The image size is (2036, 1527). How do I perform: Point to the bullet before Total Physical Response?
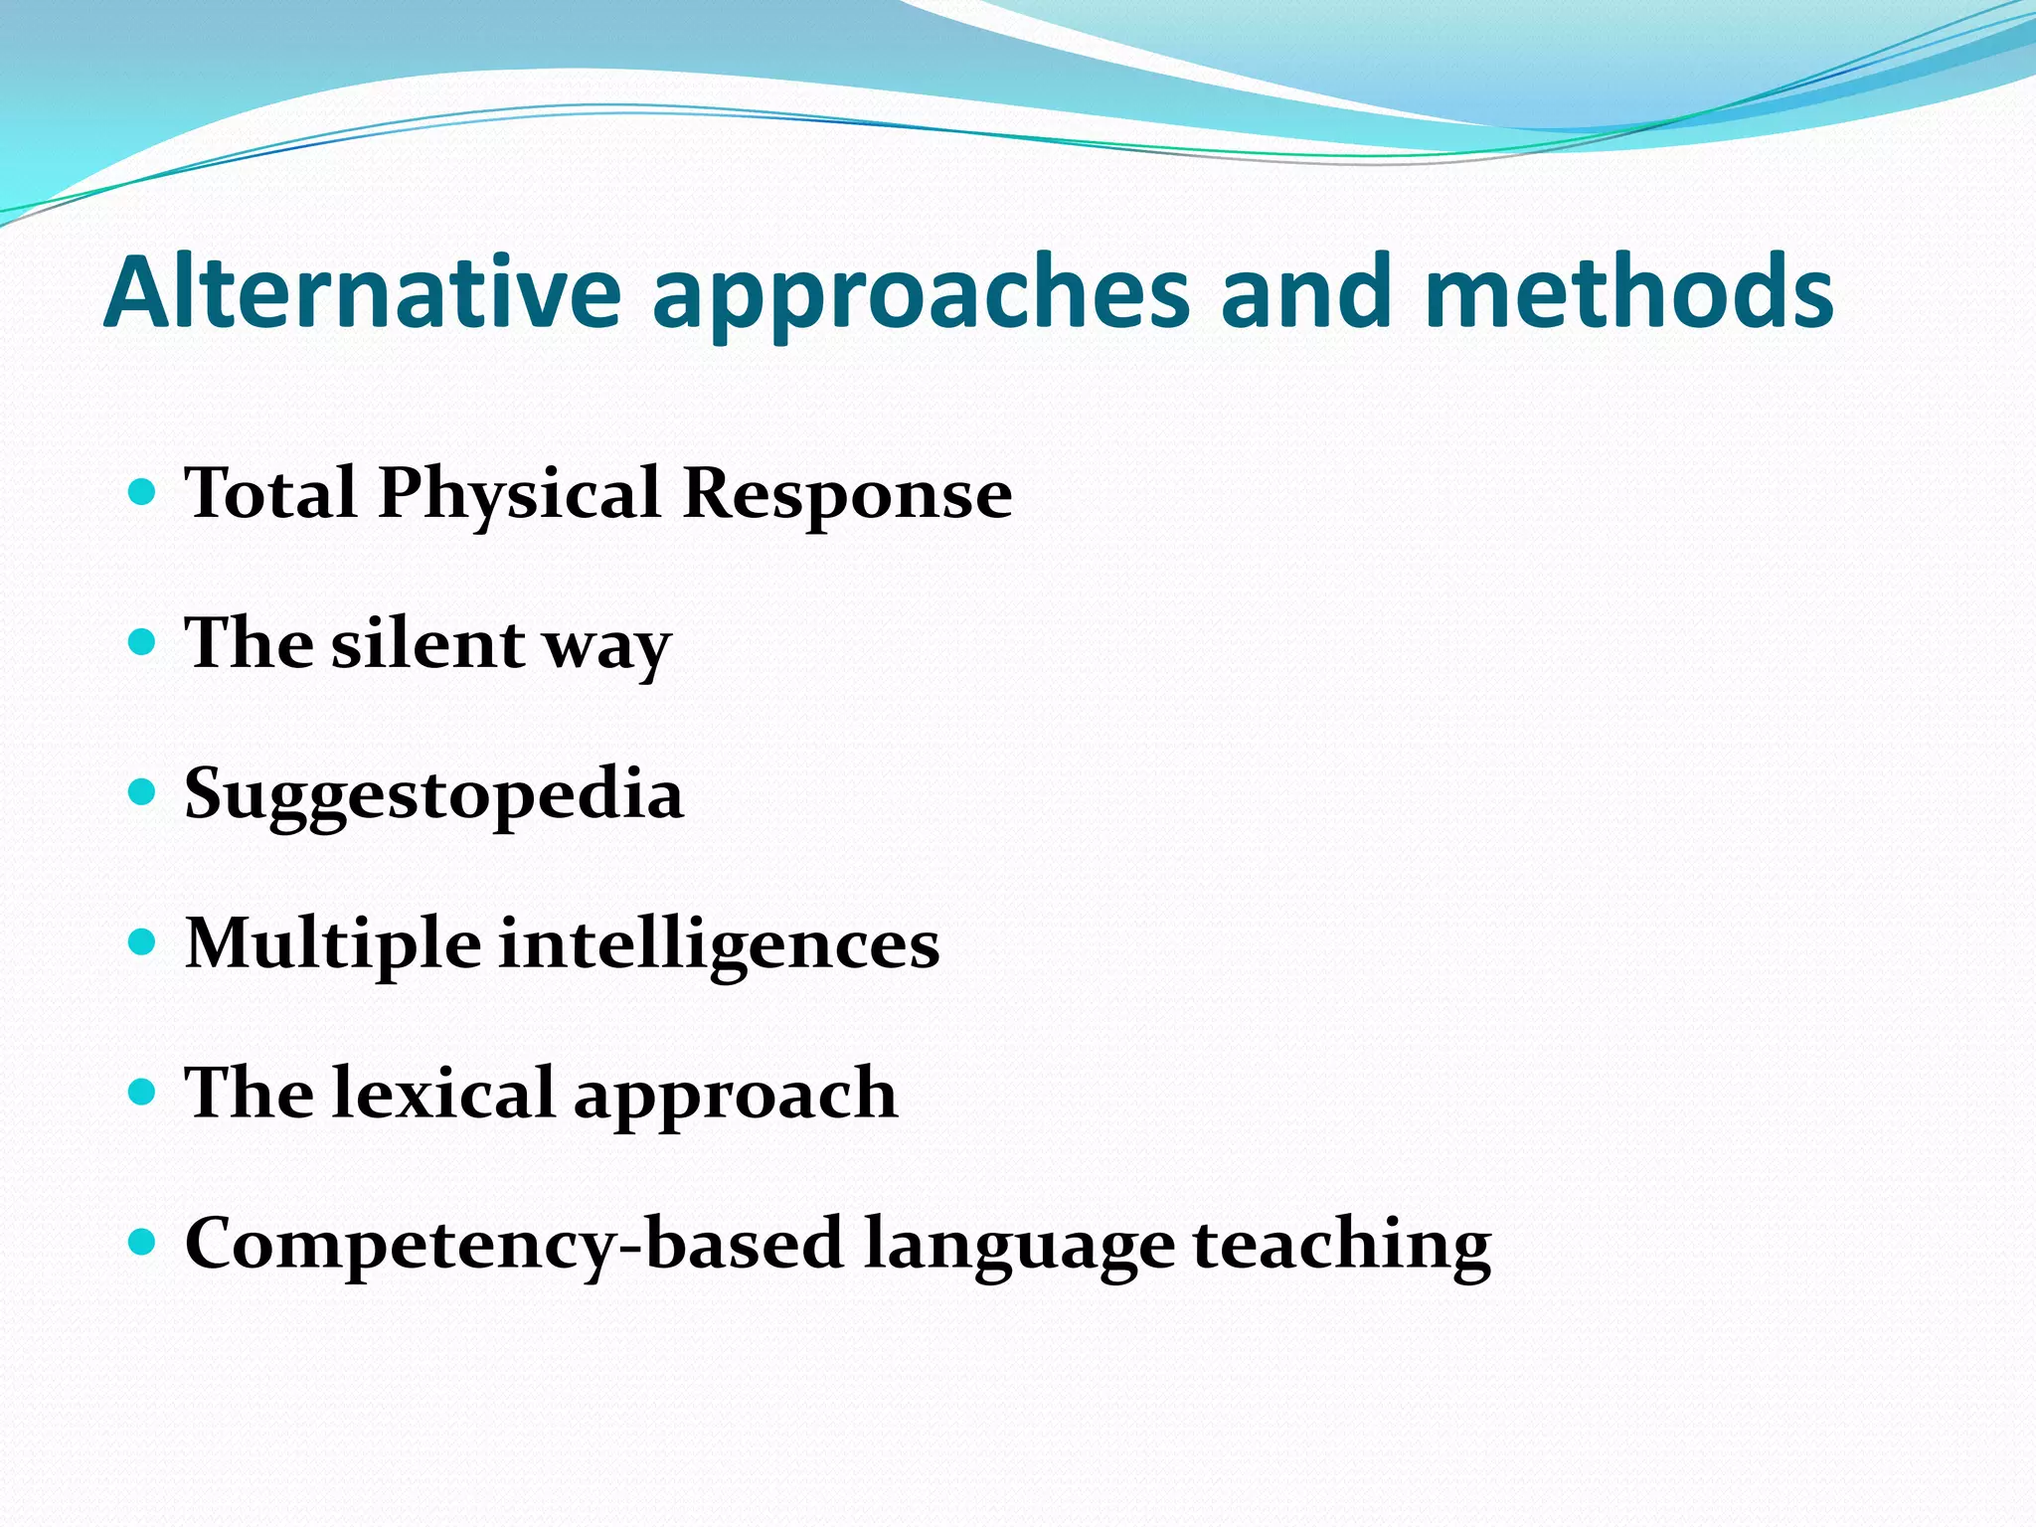(143, 491)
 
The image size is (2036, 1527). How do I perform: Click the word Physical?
(519, 495)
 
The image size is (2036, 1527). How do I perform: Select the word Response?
(847, 495)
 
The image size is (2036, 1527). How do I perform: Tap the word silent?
(427, 643)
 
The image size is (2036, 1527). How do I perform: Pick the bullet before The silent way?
(143, 641)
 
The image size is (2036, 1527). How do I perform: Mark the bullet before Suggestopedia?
(143, 791)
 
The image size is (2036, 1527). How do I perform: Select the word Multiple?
(333, 944)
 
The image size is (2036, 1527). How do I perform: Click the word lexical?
(442, 1093)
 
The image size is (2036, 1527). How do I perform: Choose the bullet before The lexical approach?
(143, 1093)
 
